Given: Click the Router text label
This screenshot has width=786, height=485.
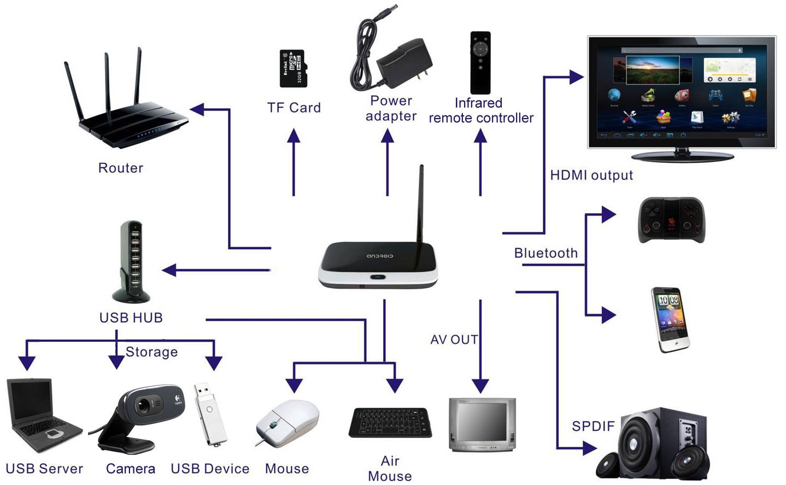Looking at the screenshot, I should coord(120,168).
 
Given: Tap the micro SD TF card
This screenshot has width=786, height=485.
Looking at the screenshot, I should coord(292,69).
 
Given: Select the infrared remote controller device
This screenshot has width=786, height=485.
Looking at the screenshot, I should coord(480,62).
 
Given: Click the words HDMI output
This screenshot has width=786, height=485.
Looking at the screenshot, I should coord(591,176).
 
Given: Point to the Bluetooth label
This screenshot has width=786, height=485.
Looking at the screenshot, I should coord(545,253).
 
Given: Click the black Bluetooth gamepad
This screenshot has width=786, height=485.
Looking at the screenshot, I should coord(671,220).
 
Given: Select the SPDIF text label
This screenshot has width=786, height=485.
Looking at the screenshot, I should coord(593,426).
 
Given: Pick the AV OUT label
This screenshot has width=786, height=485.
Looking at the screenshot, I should coord(454,340).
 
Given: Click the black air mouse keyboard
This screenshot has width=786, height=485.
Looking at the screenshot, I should coord(390,422).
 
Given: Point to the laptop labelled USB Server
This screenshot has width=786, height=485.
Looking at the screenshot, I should coord(43,416).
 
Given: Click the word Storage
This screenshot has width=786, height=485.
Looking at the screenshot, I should coord(151,352).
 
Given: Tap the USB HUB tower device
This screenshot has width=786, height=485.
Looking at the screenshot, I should coord(132,261).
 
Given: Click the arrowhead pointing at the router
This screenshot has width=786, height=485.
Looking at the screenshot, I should coord(197,109).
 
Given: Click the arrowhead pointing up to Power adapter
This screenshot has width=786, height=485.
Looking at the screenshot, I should coord(388,136).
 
